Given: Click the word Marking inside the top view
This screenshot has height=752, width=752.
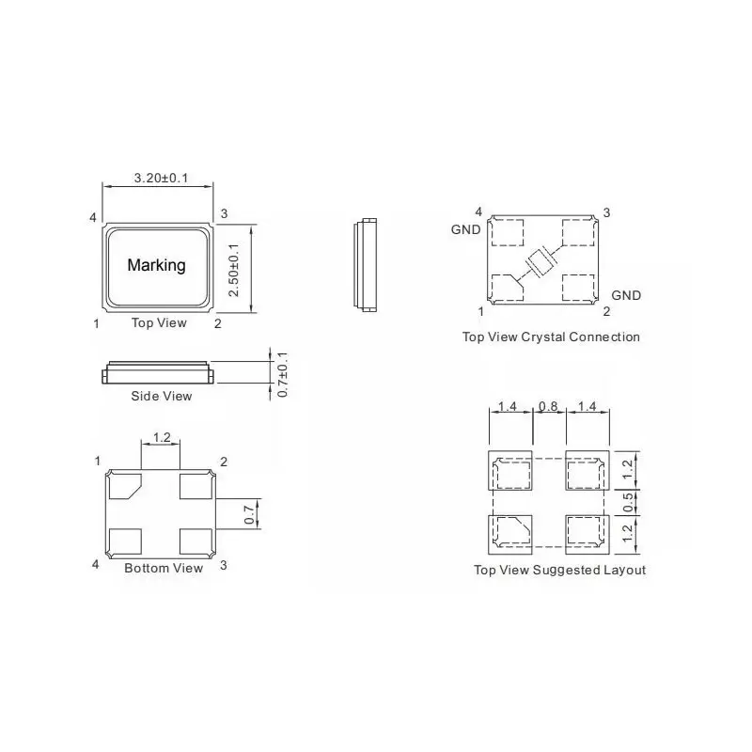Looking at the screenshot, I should tap(156, 265).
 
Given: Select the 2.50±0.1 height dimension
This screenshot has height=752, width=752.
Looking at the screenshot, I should tap(235, 270).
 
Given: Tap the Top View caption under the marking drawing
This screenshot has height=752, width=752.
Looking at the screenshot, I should tap(158, 323).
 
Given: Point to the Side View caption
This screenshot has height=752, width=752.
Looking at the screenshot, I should tap(161, 396).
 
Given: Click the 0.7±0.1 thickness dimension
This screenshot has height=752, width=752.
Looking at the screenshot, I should tap(283, 374).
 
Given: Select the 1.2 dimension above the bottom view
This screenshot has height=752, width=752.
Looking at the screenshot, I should tap(161, 438).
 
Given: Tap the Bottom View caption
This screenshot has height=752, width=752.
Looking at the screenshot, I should tap(164, 568).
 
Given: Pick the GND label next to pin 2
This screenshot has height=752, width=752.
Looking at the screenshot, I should tap(626, 295).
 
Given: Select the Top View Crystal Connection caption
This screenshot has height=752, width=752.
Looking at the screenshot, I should tap(551, 337).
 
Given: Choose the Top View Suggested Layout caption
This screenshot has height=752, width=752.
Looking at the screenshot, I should tap(559, 570).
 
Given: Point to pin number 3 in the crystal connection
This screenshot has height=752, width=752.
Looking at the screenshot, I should tap(606, 212).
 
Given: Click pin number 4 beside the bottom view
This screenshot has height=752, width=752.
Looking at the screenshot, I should tap(96, 565).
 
